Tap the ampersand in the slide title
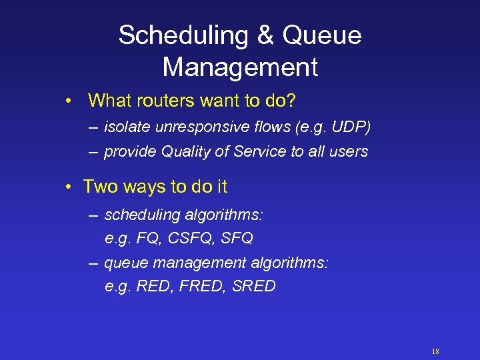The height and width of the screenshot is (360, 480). tap(265, 36)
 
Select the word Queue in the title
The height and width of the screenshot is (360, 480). tap(321, 36)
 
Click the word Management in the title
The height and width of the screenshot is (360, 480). tap(240, 67)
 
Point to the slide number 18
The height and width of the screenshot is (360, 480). tap(435, 351)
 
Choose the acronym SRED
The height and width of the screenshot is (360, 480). tap(254, 287)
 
